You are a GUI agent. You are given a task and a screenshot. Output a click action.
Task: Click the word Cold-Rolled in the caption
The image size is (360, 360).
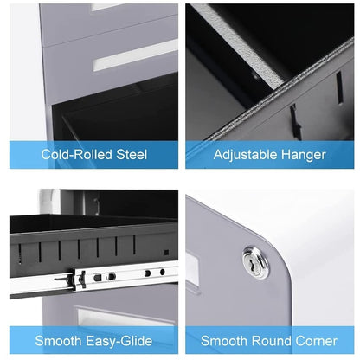pos(76,155)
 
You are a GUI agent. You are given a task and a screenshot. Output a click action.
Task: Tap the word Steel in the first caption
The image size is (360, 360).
pos(132,155)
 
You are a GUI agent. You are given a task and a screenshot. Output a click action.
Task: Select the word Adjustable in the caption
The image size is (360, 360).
pos(245,155)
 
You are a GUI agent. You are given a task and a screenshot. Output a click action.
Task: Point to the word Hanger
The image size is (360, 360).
pos(303,155)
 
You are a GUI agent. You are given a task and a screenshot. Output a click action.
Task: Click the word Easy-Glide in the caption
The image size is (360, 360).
pos(119,341)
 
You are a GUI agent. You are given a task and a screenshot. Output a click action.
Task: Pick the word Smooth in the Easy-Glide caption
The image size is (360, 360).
pos(58,341)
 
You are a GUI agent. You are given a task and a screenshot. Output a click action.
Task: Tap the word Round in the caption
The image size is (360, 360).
pos(271,341)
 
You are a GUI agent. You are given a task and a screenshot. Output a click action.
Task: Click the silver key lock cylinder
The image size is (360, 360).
pos(255,262)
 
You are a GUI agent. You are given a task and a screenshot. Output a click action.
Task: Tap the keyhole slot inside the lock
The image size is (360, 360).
pos(254,263)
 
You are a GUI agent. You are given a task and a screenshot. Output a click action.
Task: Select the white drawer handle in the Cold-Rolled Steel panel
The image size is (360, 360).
pos(136,55)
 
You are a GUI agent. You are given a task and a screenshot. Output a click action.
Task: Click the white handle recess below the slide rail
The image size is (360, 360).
pos(124,316)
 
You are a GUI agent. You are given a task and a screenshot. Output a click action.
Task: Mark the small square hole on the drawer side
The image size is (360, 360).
pos(166,253)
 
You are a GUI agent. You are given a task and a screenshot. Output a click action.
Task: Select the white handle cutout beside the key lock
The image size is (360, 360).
pos(193,267)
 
